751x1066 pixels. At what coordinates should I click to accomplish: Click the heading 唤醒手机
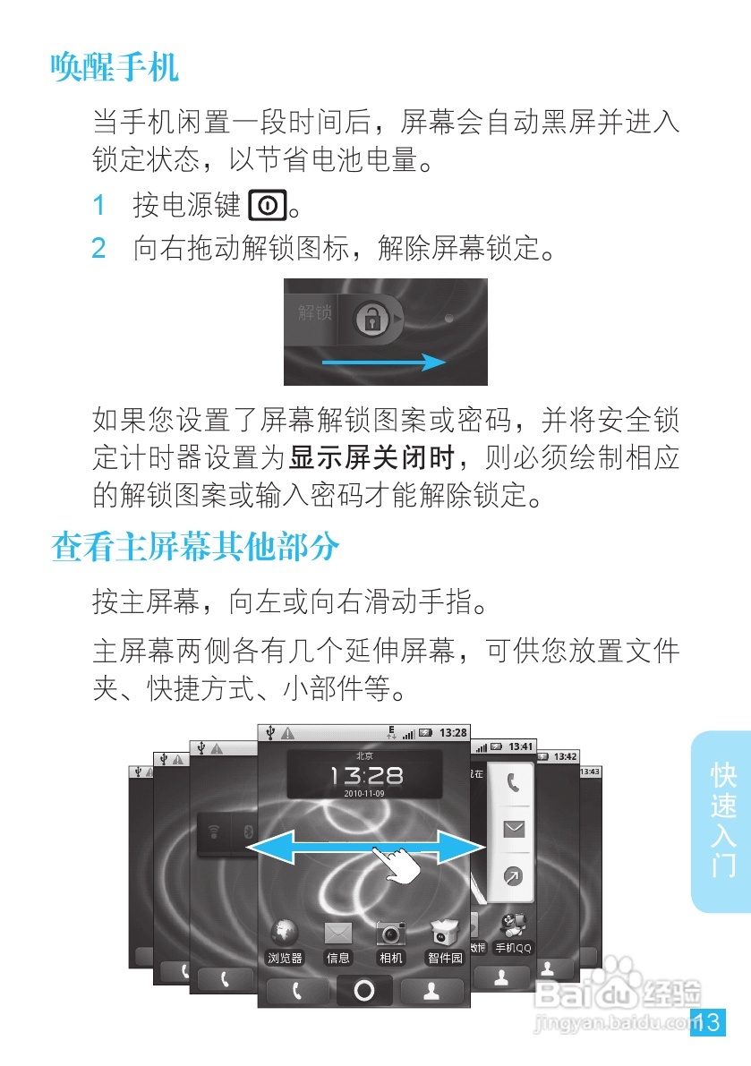[x=115, y=67]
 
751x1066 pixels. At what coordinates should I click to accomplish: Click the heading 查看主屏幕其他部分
[x=196, y=547]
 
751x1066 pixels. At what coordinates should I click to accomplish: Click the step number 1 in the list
[x=100, y=206]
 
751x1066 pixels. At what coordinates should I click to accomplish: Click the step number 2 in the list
[x=99, y=248]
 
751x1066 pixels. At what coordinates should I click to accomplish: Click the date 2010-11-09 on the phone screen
[x=363, y=794]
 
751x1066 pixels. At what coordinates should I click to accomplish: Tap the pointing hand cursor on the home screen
[x=399, y=863]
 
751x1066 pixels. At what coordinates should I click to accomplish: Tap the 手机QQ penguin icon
[x=513, y=926]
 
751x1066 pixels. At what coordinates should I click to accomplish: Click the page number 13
[x=707, y=1022]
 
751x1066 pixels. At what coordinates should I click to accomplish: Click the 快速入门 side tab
[x=722, y=820]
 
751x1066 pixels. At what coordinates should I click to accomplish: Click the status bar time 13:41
[x=520, y=746]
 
